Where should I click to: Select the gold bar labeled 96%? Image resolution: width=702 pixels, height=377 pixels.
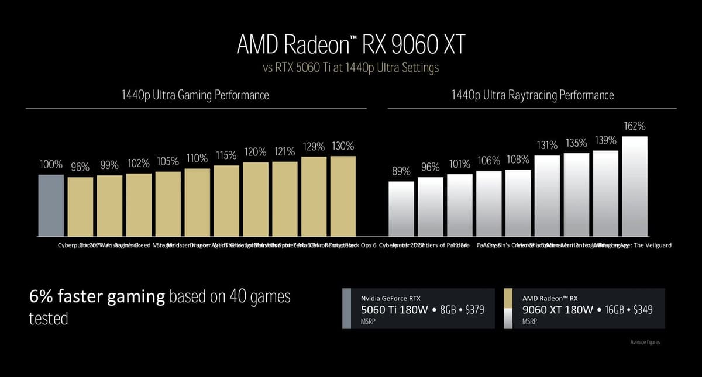click(x=80, y=206)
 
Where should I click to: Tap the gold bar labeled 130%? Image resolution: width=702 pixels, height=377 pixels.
click(x=343, y=196)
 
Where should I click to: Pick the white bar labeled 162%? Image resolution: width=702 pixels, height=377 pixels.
click(x=635, y=186)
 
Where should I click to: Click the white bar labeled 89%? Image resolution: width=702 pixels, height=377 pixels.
click(x=401, y=208)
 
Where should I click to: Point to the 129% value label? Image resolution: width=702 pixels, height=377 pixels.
click(x=314, y=147)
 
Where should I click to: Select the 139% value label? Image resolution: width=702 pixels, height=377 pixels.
click(x=605, y=140)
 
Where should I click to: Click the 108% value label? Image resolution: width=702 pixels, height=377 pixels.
click(x=518, y=159)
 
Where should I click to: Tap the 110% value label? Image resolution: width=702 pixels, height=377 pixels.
click(x=197, y=158)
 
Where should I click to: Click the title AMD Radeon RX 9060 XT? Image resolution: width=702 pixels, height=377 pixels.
click(x=350, y=44)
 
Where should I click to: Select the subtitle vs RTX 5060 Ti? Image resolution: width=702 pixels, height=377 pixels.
click(x=350, y=68)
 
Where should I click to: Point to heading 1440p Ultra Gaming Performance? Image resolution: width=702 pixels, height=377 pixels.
click(x=195, y=95)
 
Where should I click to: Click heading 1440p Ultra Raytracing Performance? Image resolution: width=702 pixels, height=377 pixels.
click(x=532, y=95)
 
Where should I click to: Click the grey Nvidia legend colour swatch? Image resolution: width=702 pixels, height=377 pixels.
click(x=346, y=308)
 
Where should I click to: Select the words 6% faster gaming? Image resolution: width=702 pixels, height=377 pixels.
click(x=97, y=297)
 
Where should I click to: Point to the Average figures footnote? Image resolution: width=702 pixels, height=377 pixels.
click(x=645, y=342)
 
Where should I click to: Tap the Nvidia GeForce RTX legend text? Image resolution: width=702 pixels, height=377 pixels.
click(x=390, y=298)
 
